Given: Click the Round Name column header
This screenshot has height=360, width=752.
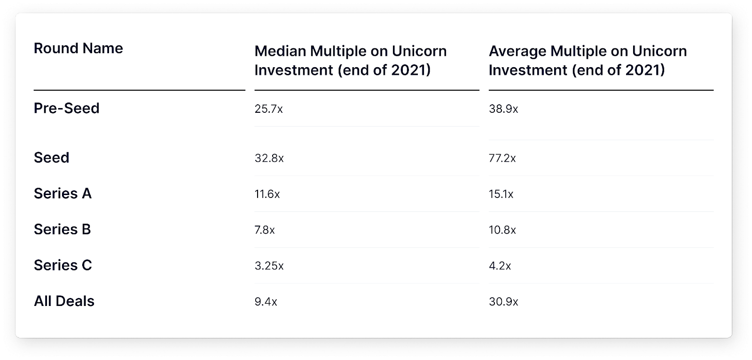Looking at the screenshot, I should (x=78, y=48).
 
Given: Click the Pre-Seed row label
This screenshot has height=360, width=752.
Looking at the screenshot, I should (x=66, y=109).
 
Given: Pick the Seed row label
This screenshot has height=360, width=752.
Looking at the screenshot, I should (x=51, y=158).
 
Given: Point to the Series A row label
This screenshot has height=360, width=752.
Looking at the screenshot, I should (x=63, y=194).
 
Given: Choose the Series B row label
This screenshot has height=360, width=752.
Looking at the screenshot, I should (x=62, y=229).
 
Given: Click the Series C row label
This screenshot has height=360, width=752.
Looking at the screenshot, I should (x=63, y=266).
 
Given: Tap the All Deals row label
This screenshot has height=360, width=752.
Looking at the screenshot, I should (x=64, y=301).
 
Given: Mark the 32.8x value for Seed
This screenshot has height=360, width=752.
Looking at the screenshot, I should (x=269, y=158).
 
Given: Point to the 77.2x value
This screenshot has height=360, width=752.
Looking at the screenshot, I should (x=502, y=158).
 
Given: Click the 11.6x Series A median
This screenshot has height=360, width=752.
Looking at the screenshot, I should (x=267, y=194).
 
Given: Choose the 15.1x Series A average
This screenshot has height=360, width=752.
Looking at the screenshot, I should (x=501, y=194).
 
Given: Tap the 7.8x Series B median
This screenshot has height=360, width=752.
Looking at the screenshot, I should (x=265, y=230).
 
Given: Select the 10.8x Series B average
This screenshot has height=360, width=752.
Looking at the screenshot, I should (x=502, y=230).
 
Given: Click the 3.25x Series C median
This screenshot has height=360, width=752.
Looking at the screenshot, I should (x=269, y=266).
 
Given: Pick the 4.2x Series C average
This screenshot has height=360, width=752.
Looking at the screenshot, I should (x=500, y=266).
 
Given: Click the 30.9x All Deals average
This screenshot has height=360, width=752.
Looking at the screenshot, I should (x=503, y=302).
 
